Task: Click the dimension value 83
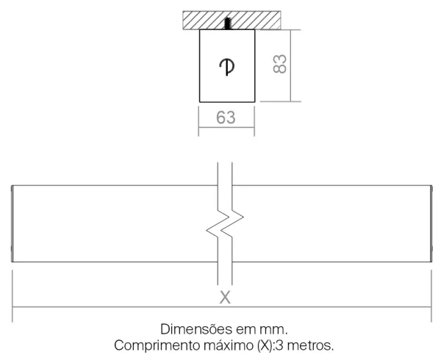[x=280, y=64]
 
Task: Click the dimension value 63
[x=226, y=118]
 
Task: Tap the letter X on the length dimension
[x=225, y=298]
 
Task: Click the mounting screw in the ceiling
[x=228, y=24]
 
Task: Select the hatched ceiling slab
[x=232, y=21]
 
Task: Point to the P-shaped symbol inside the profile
[x=227, y=67]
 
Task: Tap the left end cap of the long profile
[x=12, y=223]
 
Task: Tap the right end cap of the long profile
[x=431, y=223]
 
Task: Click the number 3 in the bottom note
[x=279, y=345]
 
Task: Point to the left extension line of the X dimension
[x=12, y=296]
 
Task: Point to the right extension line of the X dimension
[x=431, y=296]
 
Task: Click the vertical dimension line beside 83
[x=290, y=65]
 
